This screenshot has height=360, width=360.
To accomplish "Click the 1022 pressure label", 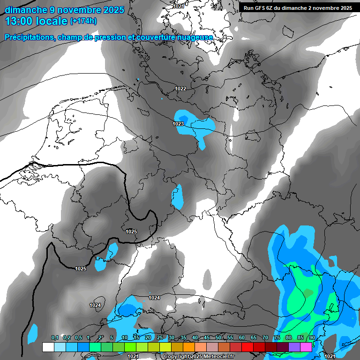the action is click(180, 89).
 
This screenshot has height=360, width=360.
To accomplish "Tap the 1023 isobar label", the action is click(178, 124).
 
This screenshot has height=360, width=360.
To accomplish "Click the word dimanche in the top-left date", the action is click(26, 10).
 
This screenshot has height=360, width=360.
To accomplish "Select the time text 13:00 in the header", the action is click(21, 22).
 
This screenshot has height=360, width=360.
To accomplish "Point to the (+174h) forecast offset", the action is click(83, 21).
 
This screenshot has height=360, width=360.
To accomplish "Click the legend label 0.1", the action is click(54, 338).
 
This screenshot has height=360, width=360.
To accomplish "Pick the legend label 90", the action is click(312, 338).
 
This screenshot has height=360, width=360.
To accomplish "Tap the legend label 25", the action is click(159, 338).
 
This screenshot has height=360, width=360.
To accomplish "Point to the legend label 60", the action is click(241, 338).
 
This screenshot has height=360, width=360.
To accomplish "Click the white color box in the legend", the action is click(48, 347).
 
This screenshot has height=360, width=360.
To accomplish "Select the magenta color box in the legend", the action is click(306, 347).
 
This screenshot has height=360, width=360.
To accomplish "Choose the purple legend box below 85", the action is click(294, 347).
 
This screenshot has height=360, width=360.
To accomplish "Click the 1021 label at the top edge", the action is click(179, 6).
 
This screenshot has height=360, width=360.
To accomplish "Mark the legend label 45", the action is click(206, 338).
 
